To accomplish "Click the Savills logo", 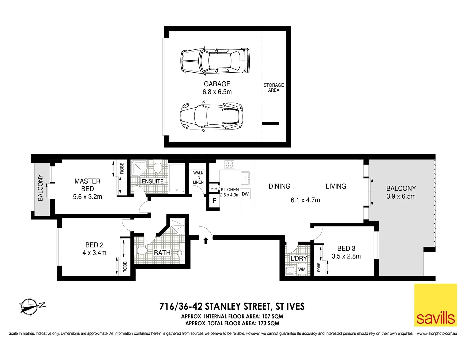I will coord(435,305).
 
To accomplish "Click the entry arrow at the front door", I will coord(206,240).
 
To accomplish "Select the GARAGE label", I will coord(217,84).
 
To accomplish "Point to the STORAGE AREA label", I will coord(274,88).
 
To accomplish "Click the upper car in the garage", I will coord(215,61).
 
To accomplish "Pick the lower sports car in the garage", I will coord(211,116).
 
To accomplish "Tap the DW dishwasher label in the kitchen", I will coord(245,194).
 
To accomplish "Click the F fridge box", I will coord(214,201).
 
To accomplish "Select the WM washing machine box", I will coord(302,269).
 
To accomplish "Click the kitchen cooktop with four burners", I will coord(229,164).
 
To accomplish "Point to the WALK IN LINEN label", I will coord(198,177).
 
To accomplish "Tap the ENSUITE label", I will coord(153,181).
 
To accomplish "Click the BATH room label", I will coord(162,253).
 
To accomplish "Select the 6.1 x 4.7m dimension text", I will coord(305,200).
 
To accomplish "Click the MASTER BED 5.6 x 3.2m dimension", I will coord(88,197).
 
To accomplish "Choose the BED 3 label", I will coord(346,248).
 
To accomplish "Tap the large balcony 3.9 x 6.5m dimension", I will coord(401,196).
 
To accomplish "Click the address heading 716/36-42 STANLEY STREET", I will coord(232,306).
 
